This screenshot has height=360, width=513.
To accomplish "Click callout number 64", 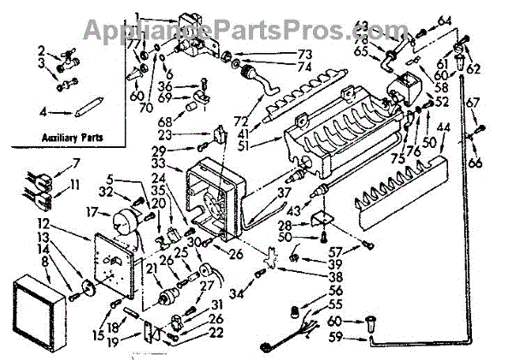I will [x=444, y=21].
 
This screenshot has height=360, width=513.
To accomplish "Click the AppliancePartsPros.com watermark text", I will [x=256, y=30].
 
